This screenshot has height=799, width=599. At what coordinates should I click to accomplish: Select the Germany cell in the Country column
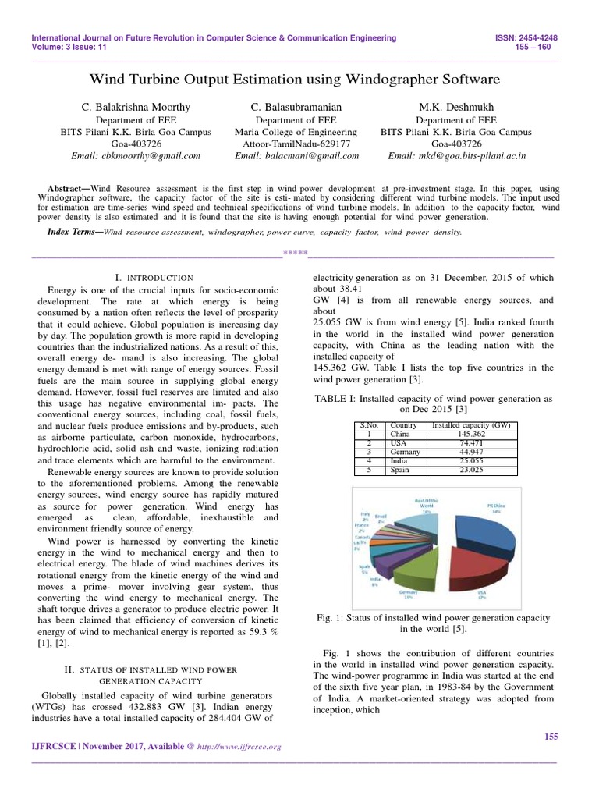(x=405, y=452)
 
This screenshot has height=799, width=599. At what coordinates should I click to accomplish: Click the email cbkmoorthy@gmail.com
(x=136, y=156)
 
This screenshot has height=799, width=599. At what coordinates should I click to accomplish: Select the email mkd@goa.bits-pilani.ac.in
(x=456, y=156)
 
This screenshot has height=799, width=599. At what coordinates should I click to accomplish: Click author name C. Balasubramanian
(x=296, y=106)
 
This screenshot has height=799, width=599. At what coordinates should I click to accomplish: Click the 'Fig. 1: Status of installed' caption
(x=433, y=617)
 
